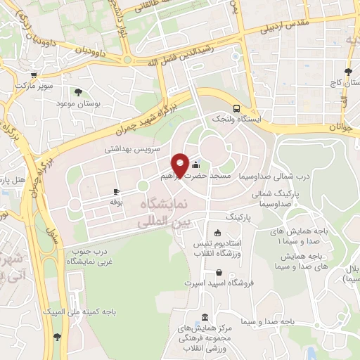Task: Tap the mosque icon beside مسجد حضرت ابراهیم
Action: click(195, 165)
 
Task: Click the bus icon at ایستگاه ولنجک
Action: click(237, 109)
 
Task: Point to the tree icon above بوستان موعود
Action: click(78, 92)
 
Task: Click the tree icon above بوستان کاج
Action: click(348, 72)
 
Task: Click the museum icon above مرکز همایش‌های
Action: click(204, 317)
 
